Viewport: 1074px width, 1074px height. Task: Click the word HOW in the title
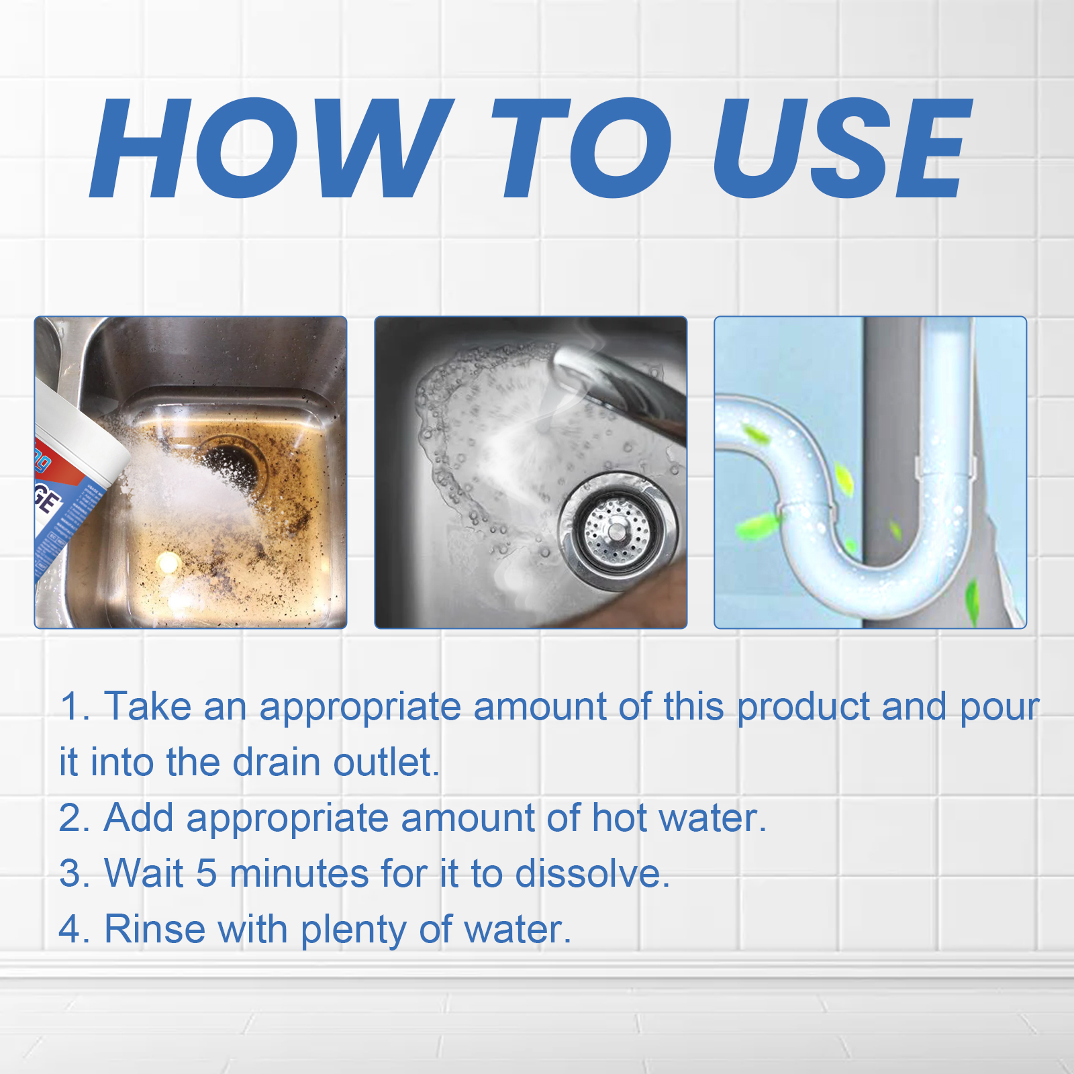[x=268, y=149]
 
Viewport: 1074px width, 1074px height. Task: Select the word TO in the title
[x=581, y=149]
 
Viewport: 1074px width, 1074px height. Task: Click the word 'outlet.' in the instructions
[x=387, y=763]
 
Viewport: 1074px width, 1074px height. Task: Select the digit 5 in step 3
[x=206, y=874]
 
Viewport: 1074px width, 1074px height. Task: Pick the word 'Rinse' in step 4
[x=154, y=930]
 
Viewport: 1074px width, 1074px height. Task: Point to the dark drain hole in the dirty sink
[x=232, y=463]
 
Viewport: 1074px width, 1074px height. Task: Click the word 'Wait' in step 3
[x=144, y=874]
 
